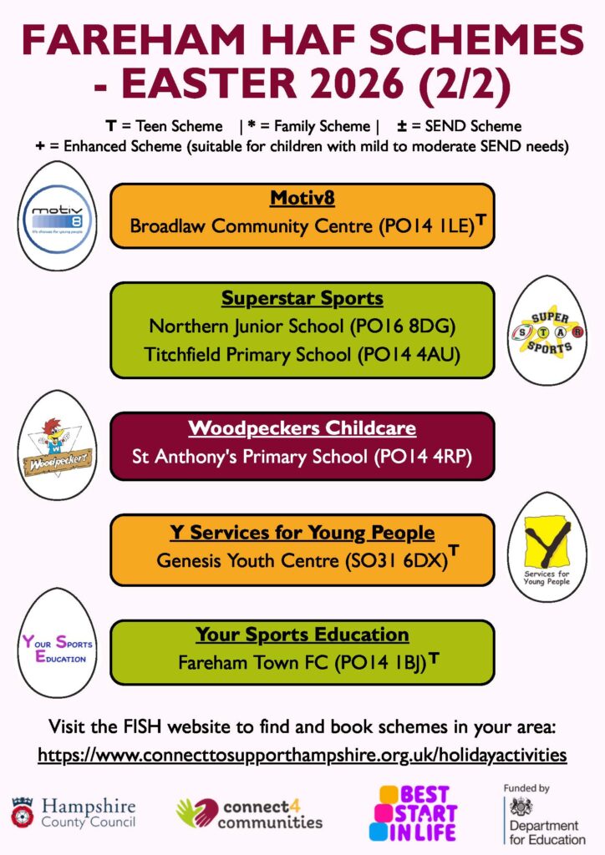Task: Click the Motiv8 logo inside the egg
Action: [x=57, y=216]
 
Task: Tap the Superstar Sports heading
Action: [x=302, y=298]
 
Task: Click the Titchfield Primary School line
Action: [x=302, y=354]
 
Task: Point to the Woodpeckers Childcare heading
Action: [x=302, y=428]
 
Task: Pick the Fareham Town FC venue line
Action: [x=302, y=663]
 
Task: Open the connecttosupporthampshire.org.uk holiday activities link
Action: [x=302, y=755]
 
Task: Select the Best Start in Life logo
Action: [x=414, y=812]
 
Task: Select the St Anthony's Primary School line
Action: [x=302, y=457]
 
